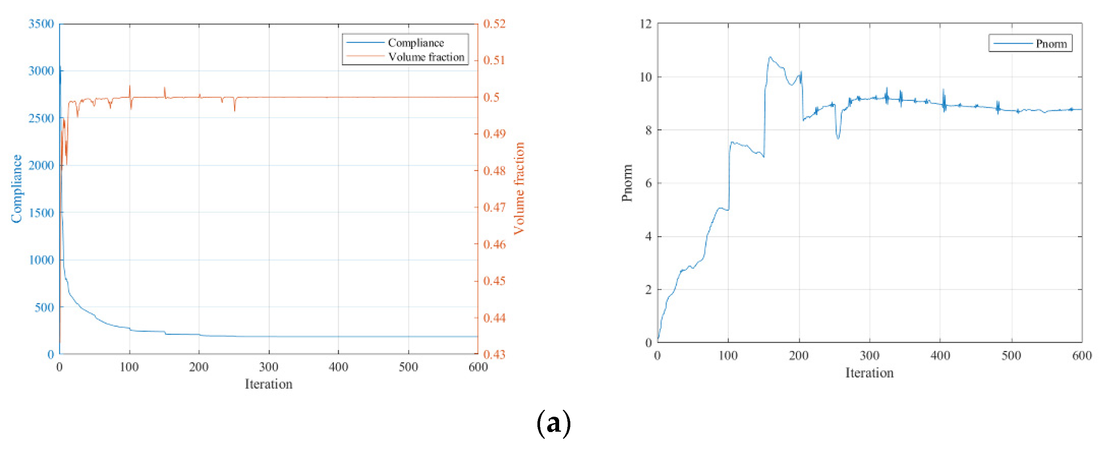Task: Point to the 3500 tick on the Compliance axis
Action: point(41,24)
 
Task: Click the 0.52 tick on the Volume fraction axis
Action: point(494,24)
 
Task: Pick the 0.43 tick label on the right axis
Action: point(494,355)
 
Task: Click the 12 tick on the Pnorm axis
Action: point(646,24)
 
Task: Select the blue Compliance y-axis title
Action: point(17,189)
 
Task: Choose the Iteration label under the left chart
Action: point(269,384)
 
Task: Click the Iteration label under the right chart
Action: point(870,373)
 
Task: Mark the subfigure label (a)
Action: point(553,423)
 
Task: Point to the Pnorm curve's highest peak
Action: point(770,57)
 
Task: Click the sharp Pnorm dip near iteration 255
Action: point(838,138)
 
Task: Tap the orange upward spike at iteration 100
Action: point(130,86)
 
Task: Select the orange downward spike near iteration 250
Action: point(234,111)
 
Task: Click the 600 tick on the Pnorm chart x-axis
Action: point(1082,355)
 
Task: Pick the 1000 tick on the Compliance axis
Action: point(41,260)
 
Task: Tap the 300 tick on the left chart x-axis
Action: point(269,367)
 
